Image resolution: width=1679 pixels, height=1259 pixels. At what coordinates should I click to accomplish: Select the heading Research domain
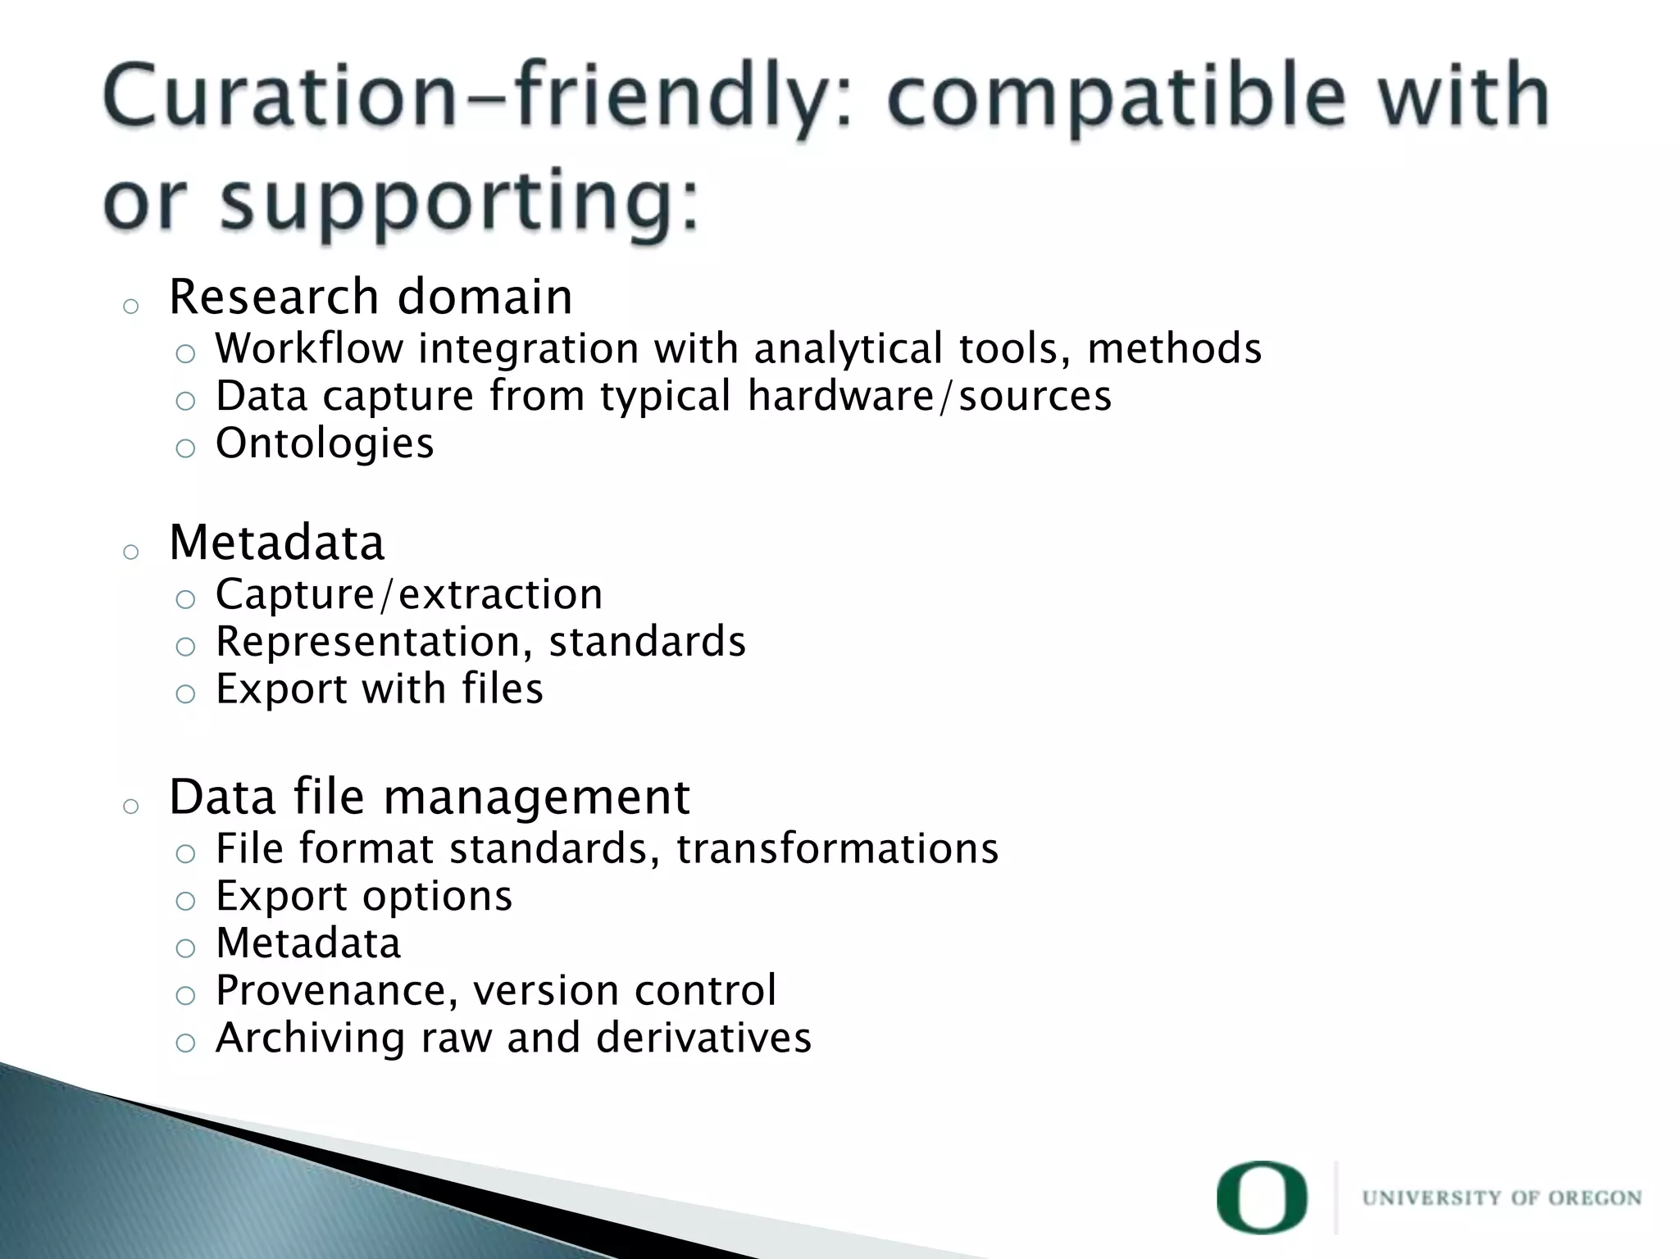pyautogui.click(x=371, y=297)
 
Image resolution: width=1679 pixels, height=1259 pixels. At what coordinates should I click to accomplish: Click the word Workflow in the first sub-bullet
pyautogui.click(x=309, y=348)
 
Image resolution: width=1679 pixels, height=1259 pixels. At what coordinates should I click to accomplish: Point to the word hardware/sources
pyautogui.click(x=929, y=396)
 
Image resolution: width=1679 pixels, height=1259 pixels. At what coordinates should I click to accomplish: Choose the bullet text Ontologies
pyautogui.click(x=325, y=443)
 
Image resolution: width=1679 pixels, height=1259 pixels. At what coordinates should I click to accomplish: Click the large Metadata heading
pyautogui.click(x=277, y=543)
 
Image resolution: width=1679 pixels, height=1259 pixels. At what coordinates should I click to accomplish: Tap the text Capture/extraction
pyautogui.click(x=409, y=594)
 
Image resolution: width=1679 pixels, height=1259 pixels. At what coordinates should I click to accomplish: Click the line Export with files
pyautogui.click(x=379, y=689)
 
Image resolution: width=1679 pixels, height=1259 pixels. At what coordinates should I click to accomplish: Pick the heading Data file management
pyautogui.click(x=430, y=797)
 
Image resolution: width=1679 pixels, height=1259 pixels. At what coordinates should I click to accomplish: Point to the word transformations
pyautogui.click(x=837, y=848)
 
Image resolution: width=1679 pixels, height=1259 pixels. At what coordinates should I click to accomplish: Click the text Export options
pyautogui.click(x=364, y=896)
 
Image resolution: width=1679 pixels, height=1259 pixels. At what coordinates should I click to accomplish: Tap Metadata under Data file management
pyautogui.click(x=308, y=943)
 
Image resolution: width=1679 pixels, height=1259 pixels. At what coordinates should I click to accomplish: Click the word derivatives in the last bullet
pyautogui.click(x=703, y=1038)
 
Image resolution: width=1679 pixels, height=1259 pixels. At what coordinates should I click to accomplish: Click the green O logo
pyautogui.click(x=1261, y=1198)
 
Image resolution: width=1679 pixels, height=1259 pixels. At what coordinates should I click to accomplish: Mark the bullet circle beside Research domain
pyautogui.click(x=130, y=307)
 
